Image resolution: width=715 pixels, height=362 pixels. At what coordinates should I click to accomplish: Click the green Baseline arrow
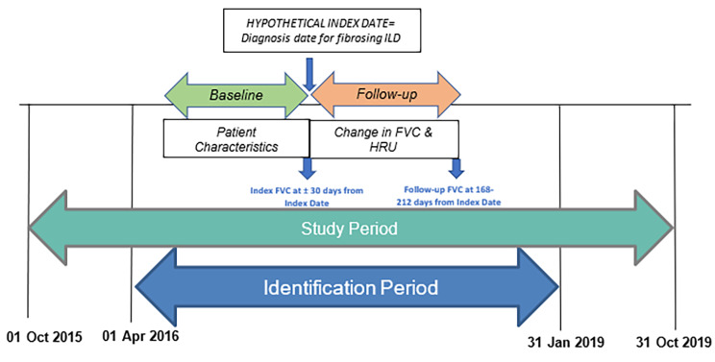(x=228, y=95)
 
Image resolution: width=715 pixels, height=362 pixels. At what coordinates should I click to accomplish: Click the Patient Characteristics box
(x=234, y=140)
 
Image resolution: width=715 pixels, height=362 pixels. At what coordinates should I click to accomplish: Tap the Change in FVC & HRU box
(x=382, y=140)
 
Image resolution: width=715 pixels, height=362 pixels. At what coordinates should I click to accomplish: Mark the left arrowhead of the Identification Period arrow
(x=157, y=285)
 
